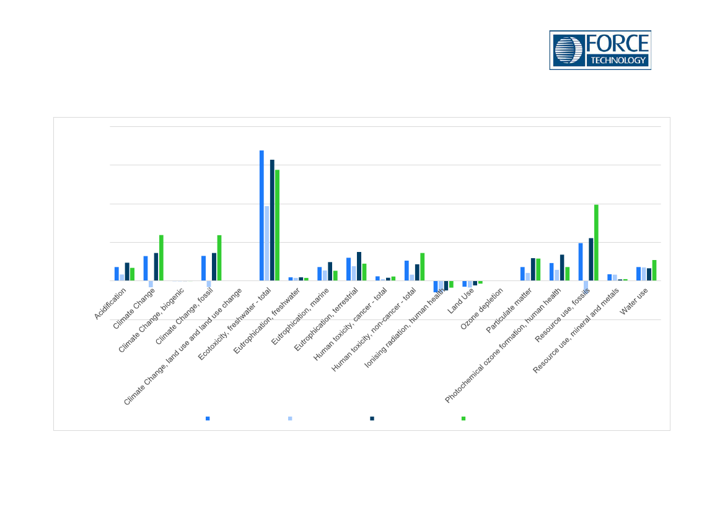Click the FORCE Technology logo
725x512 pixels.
tap(600, 50)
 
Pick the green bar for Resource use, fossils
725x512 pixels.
tap(596, 243)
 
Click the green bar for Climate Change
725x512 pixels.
tap(161, 258)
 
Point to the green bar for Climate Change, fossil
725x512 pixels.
tap(219, 258)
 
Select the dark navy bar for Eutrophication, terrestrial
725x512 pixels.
tap(359, 266)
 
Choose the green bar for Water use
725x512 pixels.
tap(654, 270)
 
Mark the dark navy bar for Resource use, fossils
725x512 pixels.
tap(591, 259)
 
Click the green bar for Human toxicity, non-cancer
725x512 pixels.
tap(423, 267)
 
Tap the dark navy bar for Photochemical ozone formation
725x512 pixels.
tap(562, 267)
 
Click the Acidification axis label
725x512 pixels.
tap(110, 303)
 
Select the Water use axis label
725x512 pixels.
tap(635, 300)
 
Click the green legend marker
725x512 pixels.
tap(464, 419)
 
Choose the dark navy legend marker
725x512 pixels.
tap(372, 419)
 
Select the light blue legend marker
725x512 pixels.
tap(290, 419)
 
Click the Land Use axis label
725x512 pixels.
tap(461, 300)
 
